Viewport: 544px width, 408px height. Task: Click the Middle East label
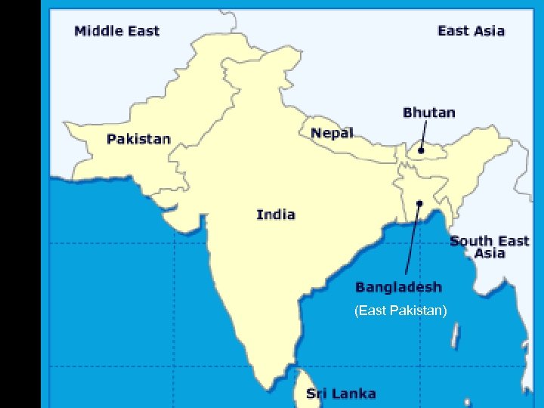117,31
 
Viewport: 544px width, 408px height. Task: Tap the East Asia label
471,31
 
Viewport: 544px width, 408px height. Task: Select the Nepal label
332,133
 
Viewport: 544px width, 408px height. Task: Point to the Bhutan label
428,113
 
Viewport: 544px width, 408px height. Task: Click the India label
276,215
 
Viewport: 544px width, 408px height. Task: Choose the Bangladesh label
398,287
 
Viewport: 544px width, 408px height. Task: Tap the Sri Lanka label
341,394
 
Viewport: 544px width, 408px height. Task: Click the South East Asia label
490,247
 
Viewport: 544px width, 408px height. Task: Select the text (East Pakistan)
400,311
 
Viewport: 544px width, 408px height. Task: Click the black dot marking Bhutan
422,150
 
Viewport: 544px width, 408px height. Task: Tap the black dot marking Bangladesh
419,202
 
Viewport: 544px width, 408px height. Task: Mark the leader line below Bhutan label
424,134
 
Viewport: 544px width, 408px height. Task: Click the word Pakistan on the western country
138,140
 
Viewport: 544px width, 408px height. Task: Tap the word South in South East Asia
471,241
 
